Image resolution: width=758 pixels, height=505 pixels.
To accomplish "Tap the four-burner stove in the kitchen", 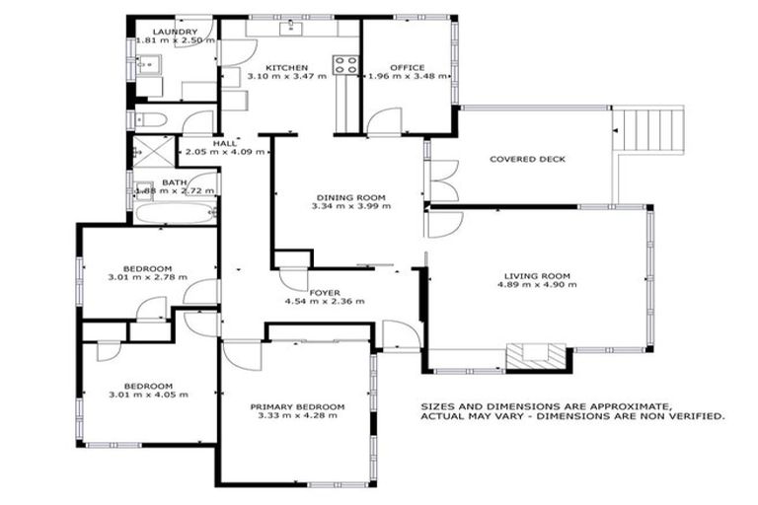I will (x=345, y=65).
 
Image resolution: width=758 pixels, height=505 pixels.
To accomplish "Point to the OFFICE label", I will (x=407, y=67).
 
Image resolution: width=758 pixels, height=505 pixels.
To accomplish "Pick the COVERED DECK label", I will (x=527, y=159).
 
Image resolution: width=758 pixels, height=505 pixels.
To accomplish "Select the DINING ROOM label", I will (x=350, y=196).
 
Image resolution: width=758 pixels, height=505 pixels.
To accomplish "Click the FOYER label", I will (x=325, y=291).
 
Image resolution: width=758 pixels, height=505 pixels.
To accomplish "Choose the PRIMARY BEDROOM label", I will (x=297, y=406).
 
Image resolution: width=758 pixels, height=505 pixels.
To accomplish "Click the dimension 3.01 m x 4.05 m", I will (x=148, y=395).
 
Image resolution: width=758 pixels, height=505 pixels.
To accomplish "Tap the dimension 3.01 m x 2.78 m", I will (x=148, y=278).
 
